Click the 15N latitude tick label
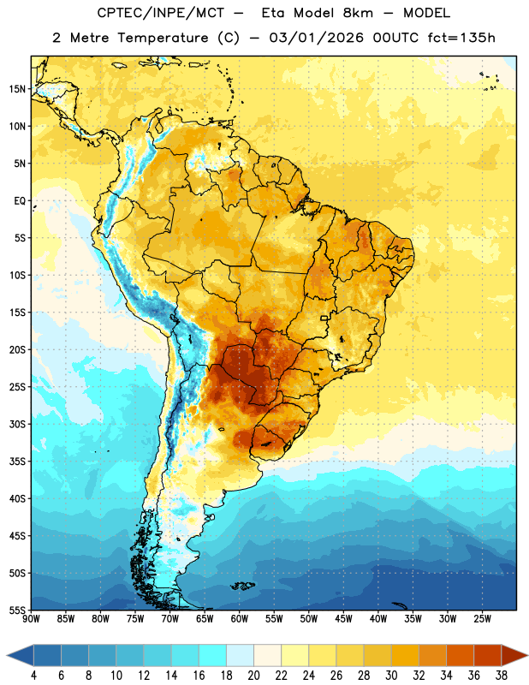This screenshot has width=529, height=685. [x=17, y=89]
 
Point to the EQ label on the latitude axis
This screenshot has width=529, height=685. [x=20, y=201]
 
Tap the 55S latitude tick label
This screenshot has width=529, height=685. [x=17, y=610]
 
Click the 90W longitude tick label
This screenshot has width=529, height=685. [x=32, y=619]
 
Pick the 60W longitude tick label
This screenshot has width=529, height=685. [x=240, y=619]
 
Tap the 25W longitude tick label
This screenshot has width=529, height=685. [x=482, y=619]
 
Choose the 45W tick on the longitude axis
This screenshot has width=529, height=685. [x=343, y=619]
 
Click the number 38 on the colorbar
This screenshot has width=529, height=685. [x=502, y=676]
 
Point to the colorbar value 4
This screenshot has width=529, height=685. [x=33, y=676]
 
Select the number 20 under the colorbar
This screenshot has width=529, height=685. [x=253, y=676]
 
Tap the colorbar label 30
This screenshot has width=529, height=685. [x=391, y=676]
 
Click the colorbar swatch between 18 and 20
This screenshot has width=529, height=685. [x=241, y=655]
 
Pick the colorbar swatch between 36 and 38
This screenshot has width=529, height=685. [x=488, y=655]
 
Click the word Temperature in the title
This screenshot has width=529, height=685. [x=163, y=38]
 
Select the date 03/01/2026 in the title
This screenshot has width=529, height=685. [x=316, y=38]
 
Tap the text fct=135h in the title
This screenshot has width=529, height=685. [x=461, y=38]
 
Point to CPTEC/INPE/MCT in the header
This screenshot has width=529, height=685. [x=160, y=13]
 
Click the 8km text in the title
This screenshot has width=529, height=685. [x=358, y=13]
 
